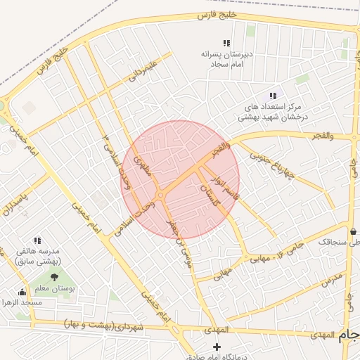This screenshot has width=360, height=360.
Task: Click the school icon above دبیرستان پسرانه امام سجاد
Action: (226, 43)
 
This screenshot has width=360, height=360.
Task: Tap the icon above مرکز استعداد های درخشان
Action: (273, 96)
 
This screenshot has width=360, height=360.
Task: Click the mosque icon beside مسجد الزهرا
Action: (23, 292)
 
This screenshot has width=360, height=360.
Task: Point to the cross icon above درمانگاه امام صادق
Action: (217, 347)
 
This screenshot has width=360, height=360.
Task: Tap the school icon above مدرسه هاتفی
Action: (37, 240)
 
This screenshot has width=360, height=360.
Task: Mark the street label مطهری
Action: (144, 166)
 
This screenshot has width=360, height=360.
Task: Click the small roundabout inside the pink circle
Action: (161, 195)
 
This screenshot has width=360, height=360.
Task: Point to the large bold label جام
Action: (349, 336)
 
